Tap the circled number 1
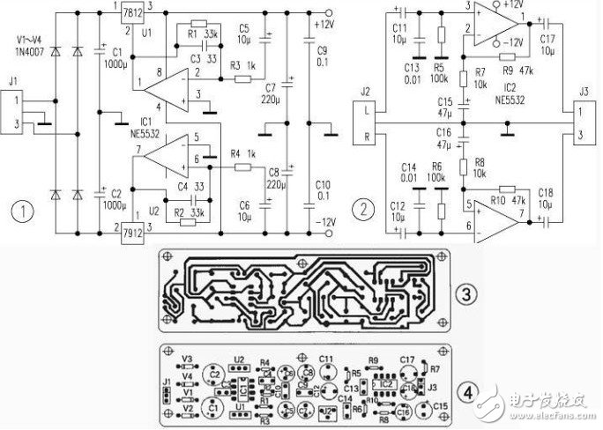[21, 212]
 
